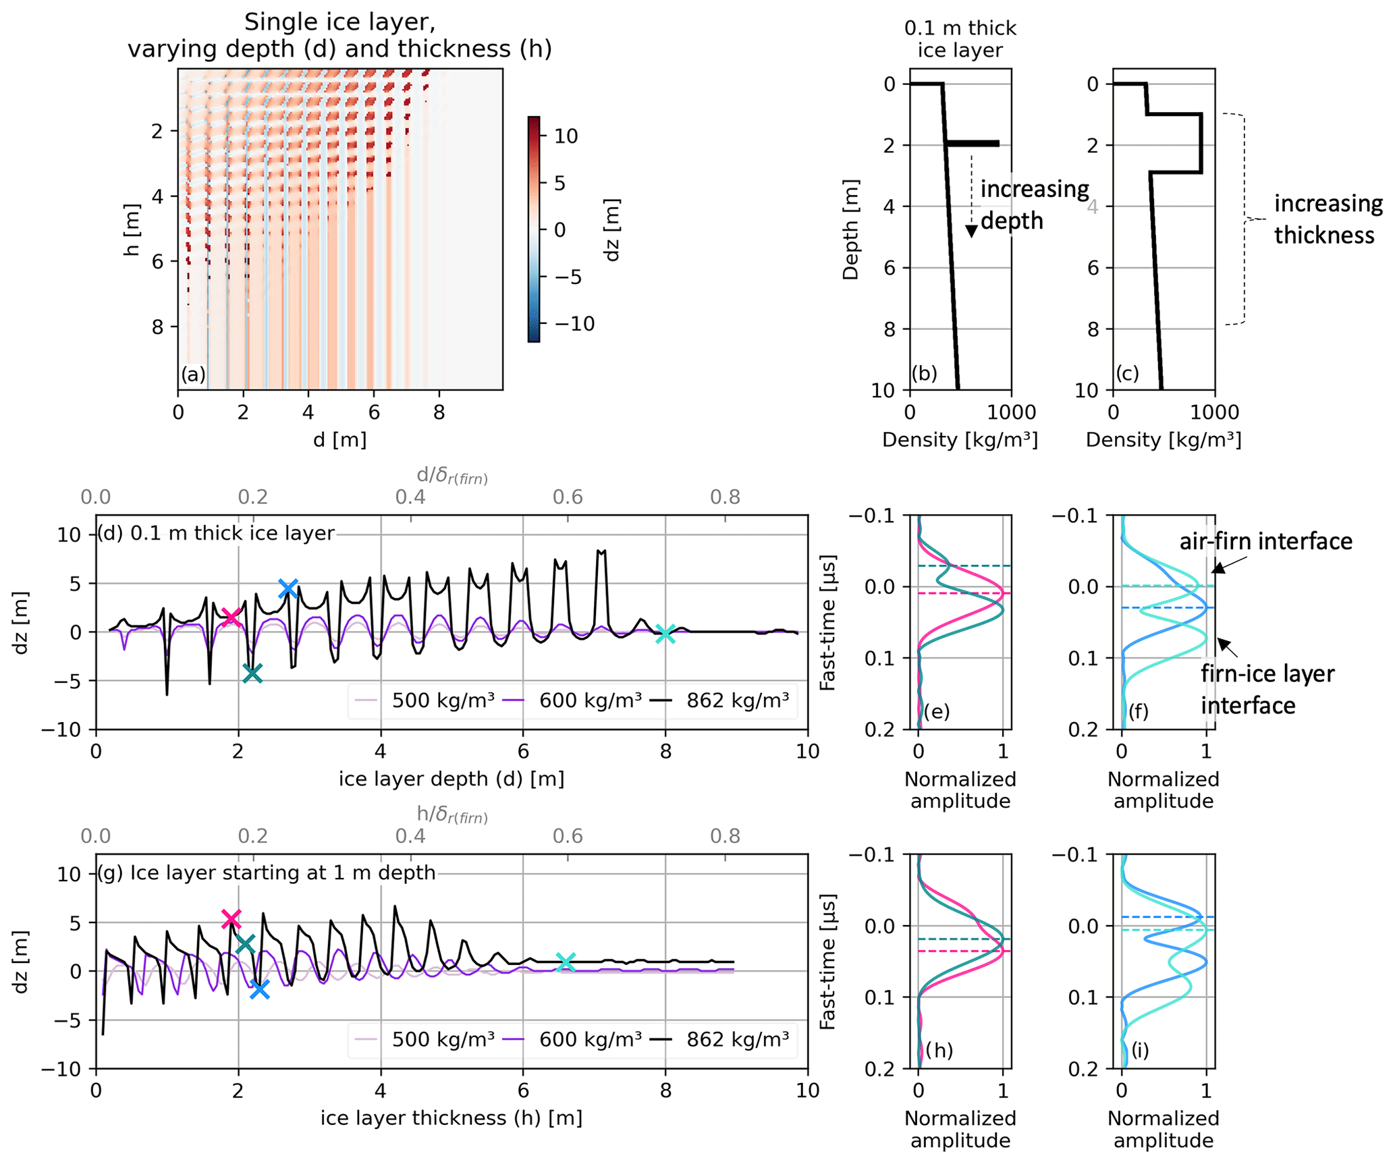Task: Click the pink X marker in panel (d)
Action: [231, 617]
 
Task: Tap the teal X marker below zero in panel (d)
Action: [252, 673]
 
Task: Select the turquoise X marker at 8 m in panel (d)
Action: [665, 634]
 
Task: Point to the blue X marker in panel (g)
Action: [260, 989]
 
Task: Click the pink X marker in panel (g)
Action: [231, 918]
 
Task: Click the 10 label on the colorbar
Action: [566, 136]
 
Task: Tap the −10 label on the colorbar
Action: [573, 324]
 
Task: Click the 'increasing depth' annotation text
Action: [1033, 204]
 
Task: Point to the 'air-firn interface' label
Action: [1265, 541]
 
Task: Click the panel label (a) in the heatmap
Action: [193, 375]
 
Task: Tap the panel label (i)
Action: [1140, 1050]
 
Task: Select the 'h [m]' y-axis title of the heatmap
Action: [132, 229]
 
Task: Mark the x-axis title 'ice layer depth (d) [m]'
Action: [452, 779]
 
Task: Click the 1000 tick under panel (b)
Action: [1011, 412]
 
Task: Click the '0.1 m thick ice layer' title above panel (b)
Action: [960, 38]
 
